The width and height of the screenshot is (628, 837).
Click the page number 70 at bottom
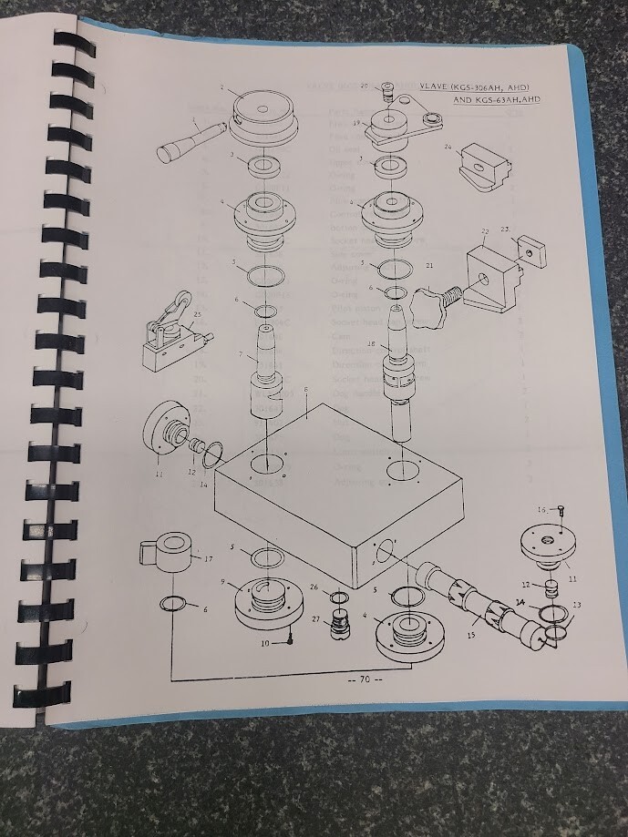pos(364,679)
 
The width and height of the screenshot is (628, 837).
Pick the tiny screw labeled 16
pos(565,511)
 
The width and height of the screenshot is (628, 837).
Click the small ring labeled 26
pos(338,597)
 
